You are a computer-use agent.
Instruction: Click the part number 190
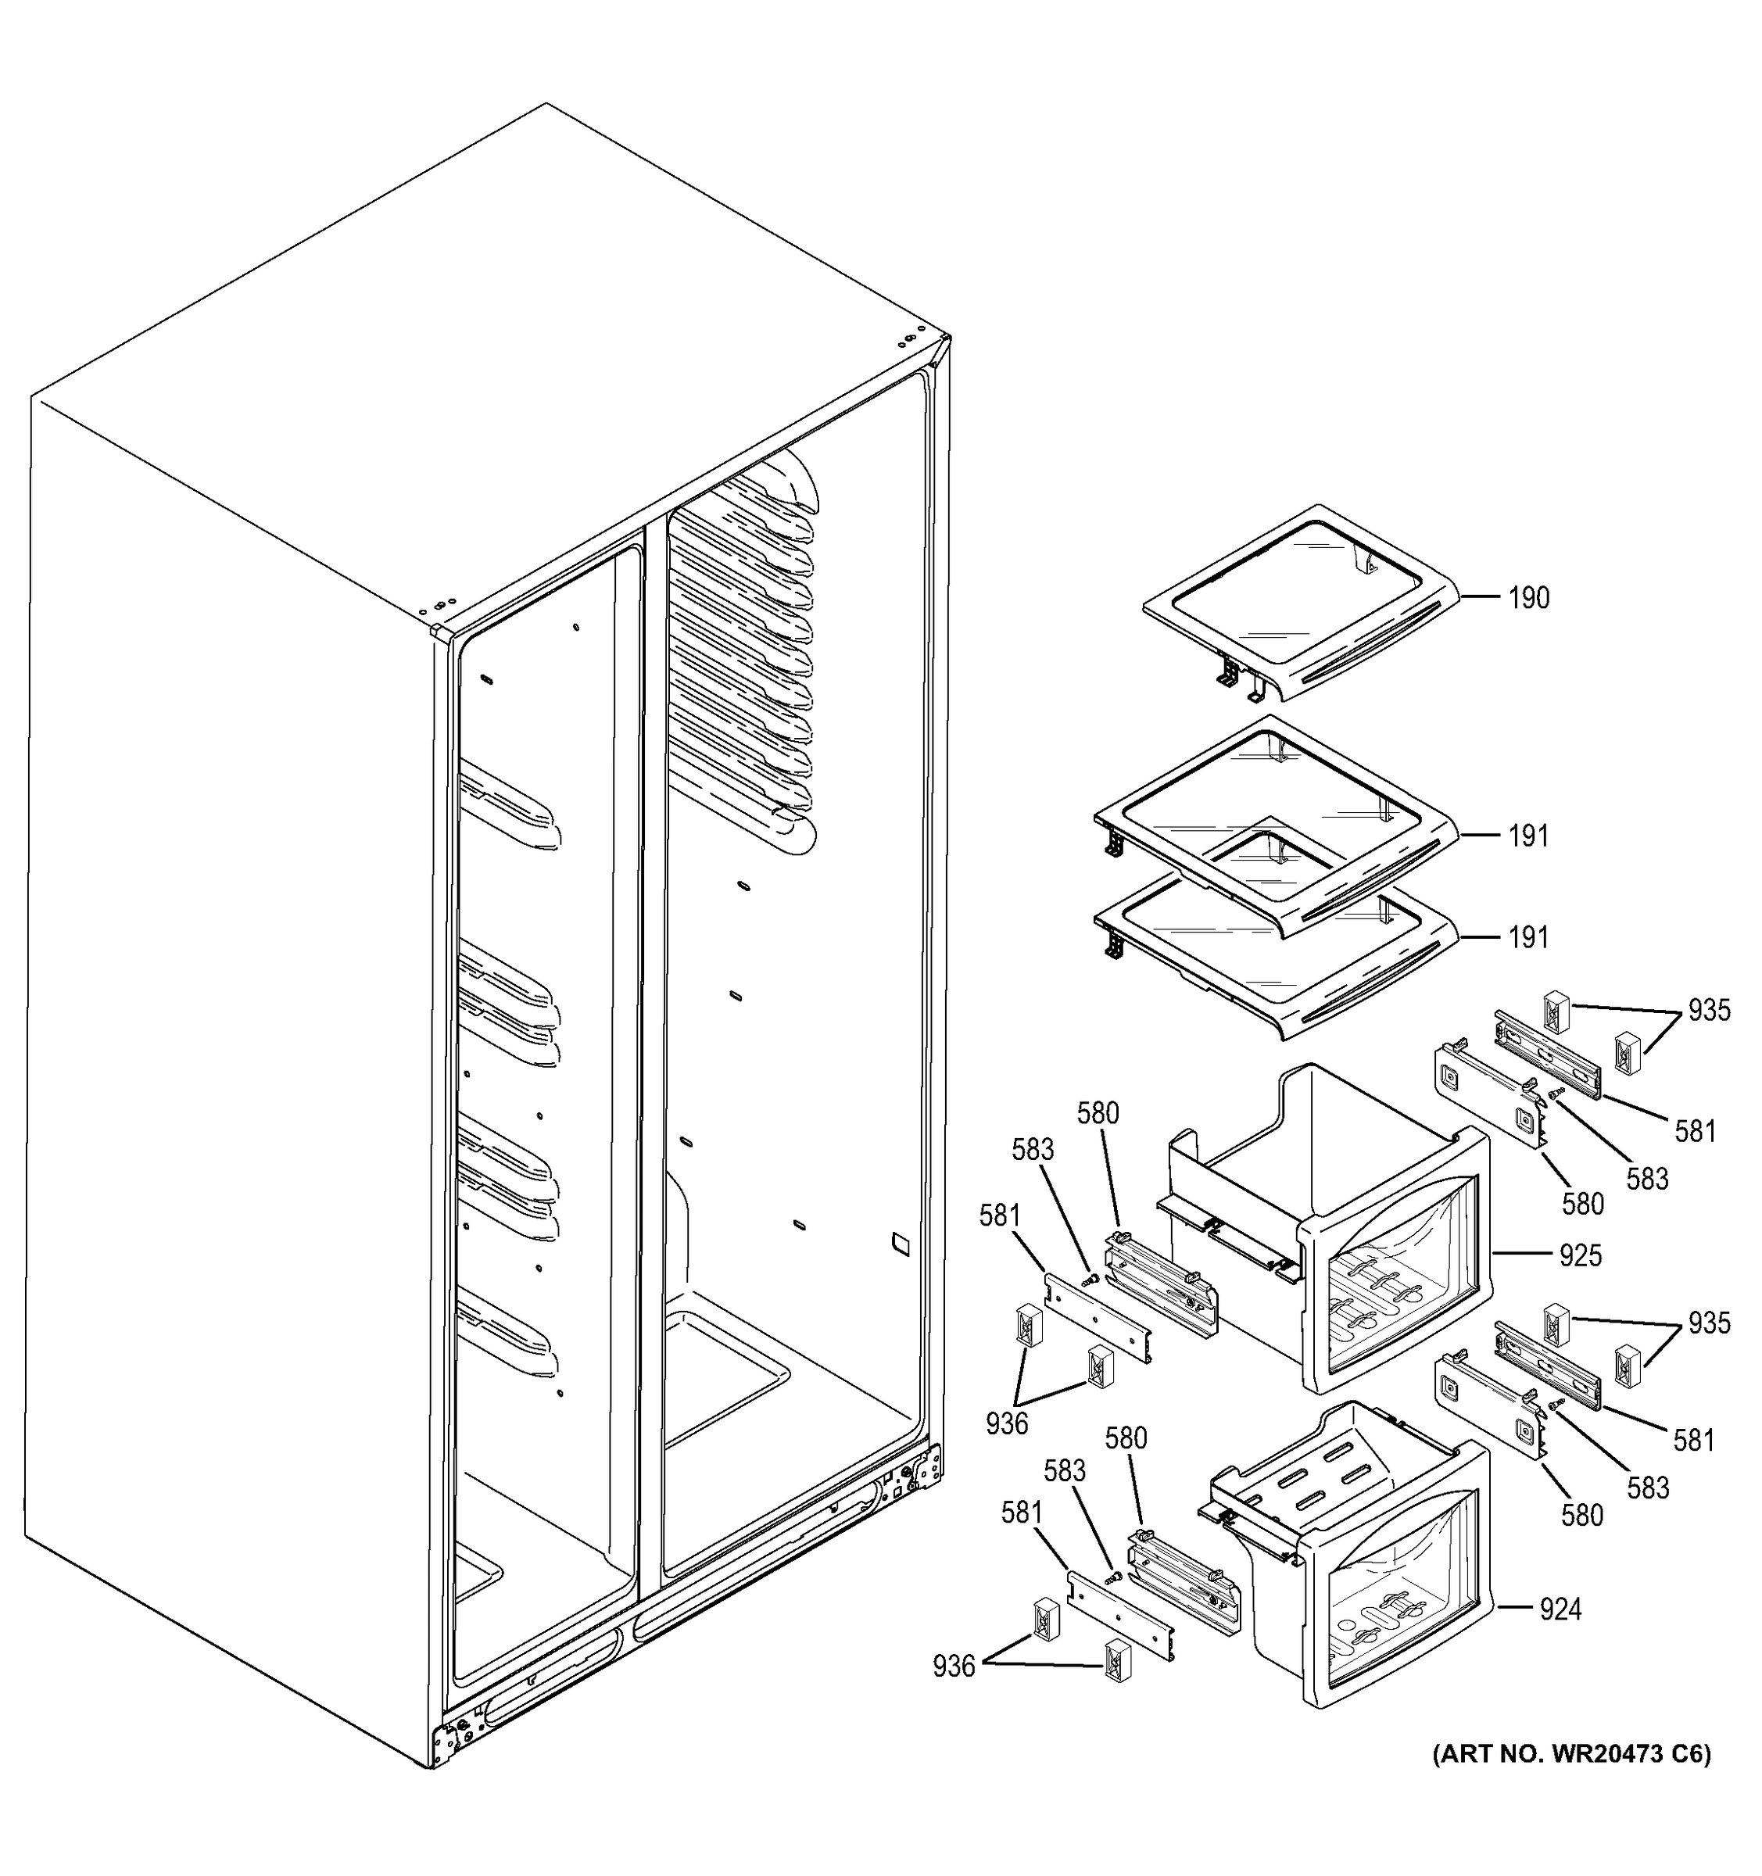(1528, 598)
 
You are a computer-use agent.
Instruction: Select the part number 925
(1580, 1256)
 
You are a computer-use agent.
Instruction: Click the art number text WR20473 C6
(1570, 1753)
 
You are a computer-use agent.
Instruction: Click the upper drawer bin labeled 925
(1340, 1226)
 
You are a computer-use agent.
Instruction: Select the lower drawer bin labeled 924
(1359, 1566)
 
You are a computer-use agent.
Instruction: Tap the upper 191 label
(1528, 836)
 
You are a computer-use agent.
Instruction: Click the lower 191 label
(1528, 938)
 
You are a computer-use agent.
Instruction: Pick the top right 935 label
(1709, 1011)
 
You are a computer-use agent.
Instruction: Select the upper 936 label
(1006, 1423)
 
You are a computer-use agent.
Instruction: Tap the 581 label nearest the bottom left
(1021, 1513)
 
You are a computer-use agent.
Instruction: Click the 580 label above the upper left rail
(1098, 1114)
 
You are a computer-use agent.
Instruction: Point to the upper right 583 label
(1647, 1179)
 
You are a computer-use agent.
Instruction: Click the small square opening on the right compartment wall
(901, 1244)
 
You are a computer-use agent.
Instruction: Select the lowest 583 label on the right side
(1648, 1488)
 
